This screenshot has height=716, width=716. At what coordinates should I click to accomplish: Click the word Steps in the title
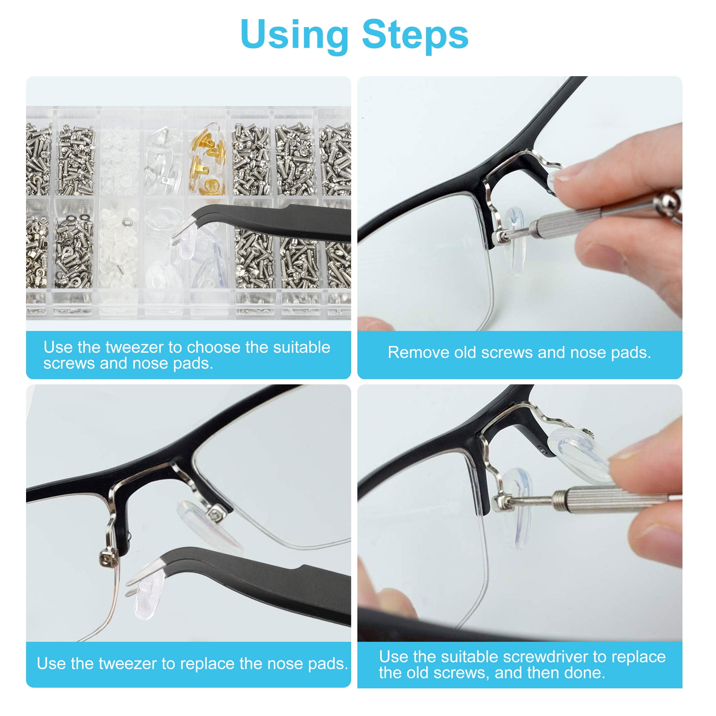coord(415,35)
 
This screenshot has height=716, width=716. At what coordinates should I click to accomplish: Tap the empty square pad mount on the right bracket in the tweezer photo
coord(215,515)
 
